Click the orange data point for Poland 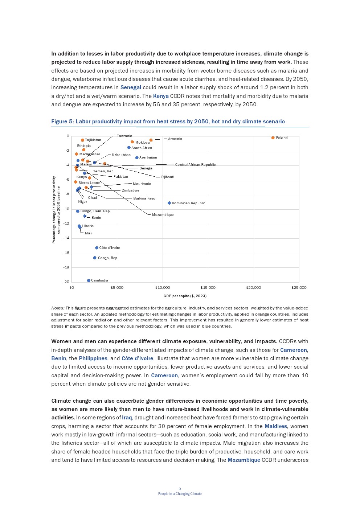[273, 138]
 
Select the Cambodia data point [89, 280]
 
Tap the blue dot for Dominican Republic [169, 203]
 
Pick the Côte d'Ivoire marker [97, 248]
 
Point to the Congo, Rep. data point [95, 258]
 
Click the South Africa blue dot [129, 147]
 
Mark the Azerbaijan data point [137, 157]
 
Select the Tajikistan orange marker [82, 140]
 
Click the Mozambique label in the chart [163, 214]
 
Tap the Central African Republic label [195, 164]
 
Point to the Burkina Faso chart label [144, 198]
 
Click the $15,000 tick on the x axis [208, 287]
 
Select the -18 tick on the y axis [66, 267]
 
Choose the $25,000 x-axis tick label [299, 287]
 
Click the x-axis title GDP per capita [185, 296]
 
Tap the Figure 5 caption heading [168, 121]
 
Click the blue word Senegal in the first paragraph [131, 87]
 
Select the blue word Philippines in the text [93, 358]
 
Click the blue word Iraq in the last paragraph [127, 418]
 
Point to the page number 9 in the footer [180, 489]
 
